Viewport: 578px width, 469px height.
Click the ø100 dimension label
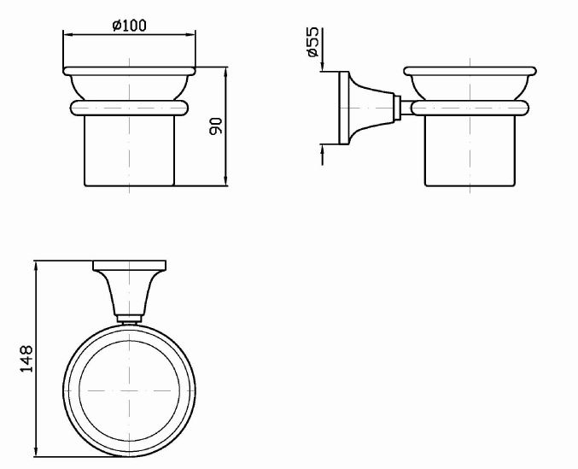coord(130,26)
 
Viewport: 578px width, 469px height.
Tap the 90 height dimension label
coord(216,126)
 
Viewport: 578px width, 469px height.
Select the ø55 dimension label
coord(312,42)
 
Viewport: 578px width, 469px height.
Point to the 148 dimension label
coord(26,359)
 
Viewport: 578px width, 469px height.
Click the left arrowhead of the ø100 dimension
coord(67,35)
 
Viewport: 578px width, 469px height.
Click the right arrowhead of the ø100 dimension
coord(191,35)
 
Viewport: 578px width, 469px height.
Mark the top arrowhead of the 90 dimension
coord(226,72)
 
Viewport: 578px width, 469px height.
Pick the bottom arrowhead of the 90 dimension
coord(226,181)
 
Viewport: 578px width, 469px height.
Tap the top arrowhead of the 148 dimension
coord(36,266)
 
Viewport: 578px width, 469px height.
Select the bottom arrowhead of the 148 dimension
coord(36,453)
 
